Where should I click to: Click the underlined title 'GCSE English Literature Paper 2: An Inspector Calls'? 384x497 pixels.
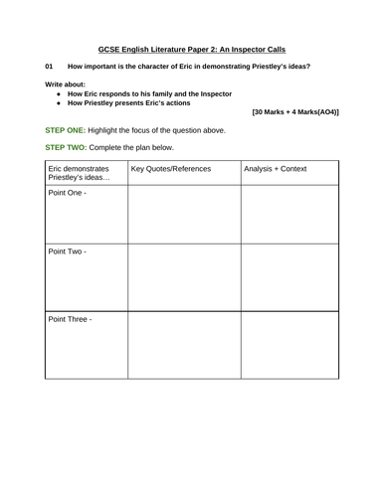(192, 49)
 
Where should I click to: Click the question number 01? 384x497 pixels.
(49, 67)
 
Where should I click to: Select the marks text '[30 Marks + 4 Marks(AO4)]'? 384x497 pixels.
(295, 113)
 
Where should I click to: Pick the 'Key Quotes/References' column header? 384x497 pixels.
(171, 169)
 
